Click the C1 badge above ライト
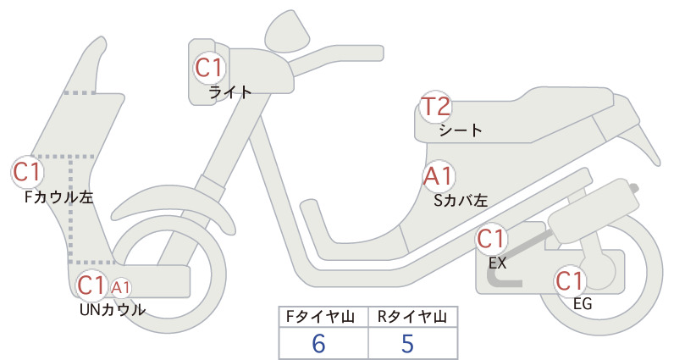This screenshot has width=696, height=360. (209, 68)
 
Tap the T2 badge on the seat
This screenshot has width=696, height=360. (435, 107)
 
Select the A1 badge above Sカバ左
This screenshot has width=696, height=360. (438, 176)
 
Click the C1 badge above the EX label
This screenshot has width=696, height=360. (491, 239)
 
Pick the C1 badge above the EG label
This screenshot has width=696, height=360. (570, 281)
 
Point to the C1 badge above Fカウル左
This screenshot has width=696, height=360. (27, 172)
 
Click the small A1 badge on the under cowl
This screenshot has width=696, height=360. (121, 288)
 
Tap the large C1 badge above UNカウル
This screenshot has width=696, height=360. (91, 285)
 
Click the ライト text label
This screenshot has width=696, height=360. (230, 92)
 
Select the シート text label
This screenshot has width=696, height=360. (461, 130)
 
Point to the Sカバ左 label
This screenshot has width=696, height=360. (461, 201)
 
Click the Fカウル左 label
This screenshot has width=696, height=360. (59, 197)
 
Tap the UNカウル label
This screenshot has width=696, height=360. (113, 310)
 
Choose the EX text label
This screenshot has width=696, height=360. (498, 263)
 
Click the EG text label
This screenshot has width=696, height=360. (583, 304)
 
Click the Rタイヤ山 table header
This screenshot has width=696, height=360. (412, 317)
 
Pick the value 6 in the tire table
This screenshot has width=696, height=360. (318, 344)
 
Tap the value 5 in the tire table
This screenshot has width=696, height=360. (407, 344)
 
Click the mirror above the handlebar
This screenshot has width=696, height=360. (287, 31)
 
